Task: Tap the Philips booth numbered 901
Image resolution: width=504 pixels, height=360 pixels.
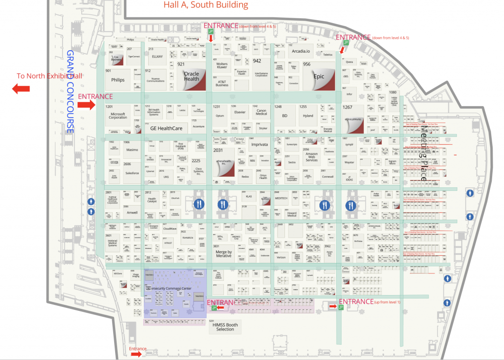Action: (118, 79)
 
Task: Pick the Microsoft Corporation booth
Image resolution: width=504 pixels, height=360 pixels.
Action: (118, 116)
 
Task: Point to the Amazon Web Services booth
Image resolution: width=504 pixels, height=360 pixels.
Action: (312, 157)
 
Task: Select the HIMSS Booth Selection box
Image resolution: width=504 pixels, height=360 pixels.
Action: (225, 327)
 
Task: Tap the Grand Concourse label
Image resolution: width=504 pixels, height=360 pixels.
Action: (70, 91)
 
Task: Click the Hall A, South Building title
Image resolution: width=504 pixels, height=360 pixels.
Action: (206, 5)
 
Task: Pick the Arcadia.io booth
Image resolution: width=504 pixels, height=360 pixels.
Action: (300, 51)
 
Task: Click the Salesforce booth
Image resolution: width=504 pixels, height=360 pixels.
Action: (132, 173)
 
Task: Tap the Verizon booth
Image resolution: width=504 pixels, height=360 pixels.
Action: (281, 257)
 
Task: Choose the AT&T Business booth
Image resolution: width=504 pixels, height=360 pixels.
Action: (222, 83)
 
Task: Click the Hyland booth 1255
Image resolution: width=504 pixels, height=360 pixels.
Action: (308, 116)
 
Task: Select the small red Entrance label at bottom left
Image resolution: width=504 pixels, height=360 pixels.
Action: (138, 349)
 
